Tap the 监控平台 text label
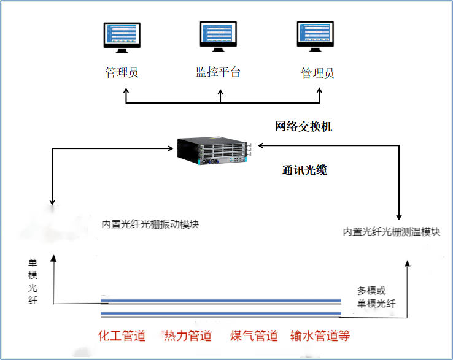tap(218, 72)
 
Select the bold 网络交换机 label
tap(303, 127)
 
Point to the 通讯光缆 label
tap(304, 170)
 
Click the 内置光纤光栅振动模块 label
tap(150, 224)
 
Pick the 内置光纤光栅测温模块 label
tap(392, 232)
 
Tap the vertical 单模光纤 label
tap(33, 281)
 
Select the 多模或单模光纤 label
tap(376, 297)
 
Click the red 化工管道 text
tap(122, 336)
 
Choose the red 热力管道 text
tap(188, 336)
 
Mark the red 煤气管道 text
tap(254, 336)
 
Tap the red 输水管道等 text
tap(320, 336)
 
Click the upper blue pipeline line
tap(221, 301)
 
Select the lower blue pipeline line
tap(221, 315)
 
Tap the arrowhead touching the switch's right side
tap(260, 145)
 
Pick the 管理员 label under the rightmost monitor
tap(317, 73)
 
